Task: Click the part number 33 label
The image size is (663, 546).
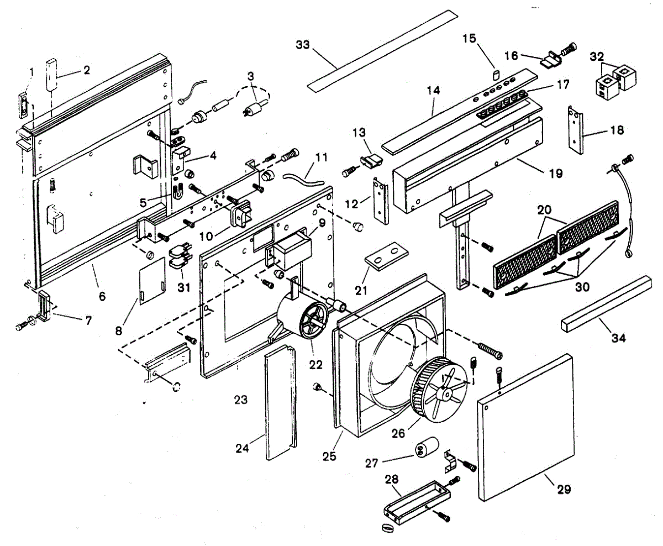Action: coord(303,45)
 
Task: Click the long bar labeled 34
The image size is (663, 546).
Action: coord(608,303)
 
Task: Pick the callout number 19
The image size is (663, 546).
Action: coord(556,174)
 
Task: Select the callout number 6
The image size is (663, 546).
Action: coord(102,296)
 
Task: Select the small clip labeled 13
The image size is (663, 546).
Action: coord(371,161)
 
